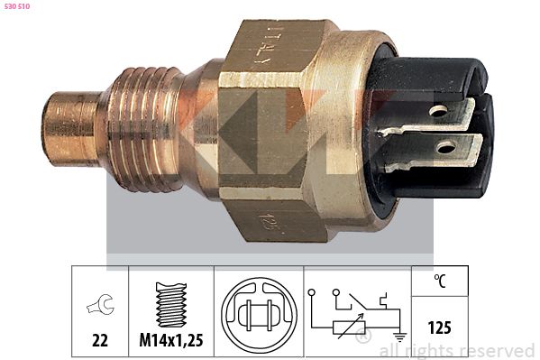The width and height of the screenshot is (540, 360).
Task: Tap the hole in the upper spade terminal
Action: pyautogui.click(x=439, y=113)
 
